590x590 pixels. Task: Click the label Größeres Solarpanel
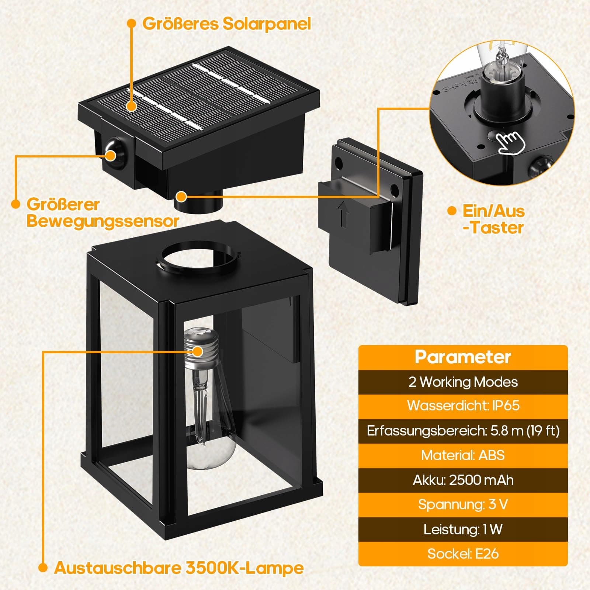[226, 24]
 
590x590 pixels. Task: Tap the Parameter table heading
[463, 357]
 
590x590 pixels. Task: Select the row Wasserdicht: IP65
[463, 406]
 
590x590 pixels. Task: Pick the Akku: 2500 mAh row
[463, 480]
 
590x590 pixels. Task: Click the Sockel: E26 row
[463, 554]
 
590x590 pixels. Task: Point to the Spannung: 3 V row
[463, 504]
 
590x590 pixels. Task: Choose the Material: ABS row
[463, 455]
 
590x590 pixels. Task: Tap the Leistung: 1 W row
[463, 530]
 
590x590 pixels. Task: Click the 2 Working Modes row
[463, 382]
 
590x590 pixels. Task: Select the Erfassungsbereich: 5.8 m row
[463, 431]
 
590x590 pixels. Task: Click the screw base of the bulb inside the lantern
[201, 350]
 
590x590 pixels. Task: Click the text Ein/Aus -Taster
[493, 219]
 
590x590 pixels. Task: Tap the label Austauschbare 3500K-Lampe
[179, 568]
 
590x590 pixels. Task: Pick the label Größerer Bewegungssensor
[103, 213]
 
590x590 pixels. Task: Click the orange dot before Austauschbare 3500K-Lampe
[43, 568]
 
